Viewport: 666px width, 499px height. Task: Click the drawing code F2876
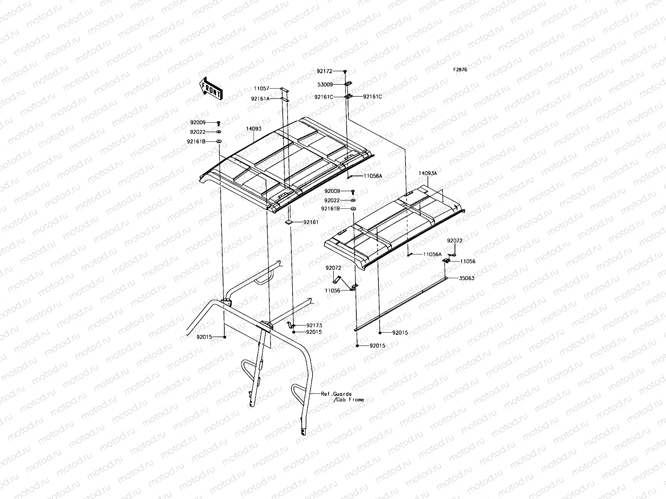(x=460, y=70)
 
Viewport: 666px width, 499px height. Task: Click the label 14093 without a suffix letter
(x=253, y=129)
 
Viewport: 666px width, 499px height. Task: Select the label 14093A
(x=428, y=173)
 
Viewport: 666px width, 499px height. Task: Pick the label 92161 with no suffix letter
(x=311, y=222)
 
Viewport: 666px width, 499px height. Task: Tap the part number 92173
(x=314, y=325)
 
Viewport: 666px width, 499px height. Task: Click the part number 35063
(x=467, y=278)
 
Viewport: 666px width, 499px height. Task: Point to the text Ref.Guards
(x=336, y=393)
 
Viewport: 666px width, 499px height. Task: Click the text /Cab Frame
(x=349, y=400)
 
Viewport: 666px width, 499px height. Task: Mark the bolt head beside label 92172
(x=345, y=72)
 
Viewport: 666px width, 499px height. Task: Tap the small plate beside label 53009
(x=349, y=84)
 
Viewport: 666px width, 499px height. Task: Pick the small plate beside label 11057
(x=284, y=89)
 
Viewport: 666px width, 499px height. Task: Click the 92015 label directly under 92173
(x=313, y=332)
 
